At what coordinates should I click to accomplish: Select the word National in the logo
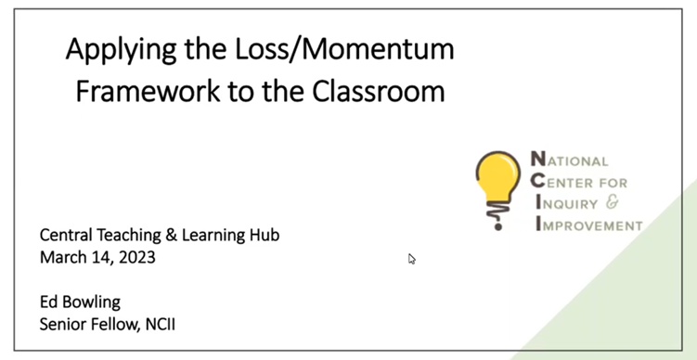(570, 161)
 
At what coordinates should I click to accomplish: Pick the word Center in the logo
(564, 182)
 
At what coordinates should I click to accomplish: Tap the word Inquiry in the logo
(567, 203)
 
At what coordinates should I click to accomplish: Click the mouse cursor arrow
(411, 259)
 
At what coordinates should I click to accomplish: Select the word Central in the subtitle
(67, 235)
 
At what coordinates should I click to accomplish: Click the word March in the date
(63, 257)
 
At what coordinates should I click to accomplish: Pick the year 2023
(136, 257)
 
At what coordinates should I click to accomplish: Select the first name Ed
(49, 302)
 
